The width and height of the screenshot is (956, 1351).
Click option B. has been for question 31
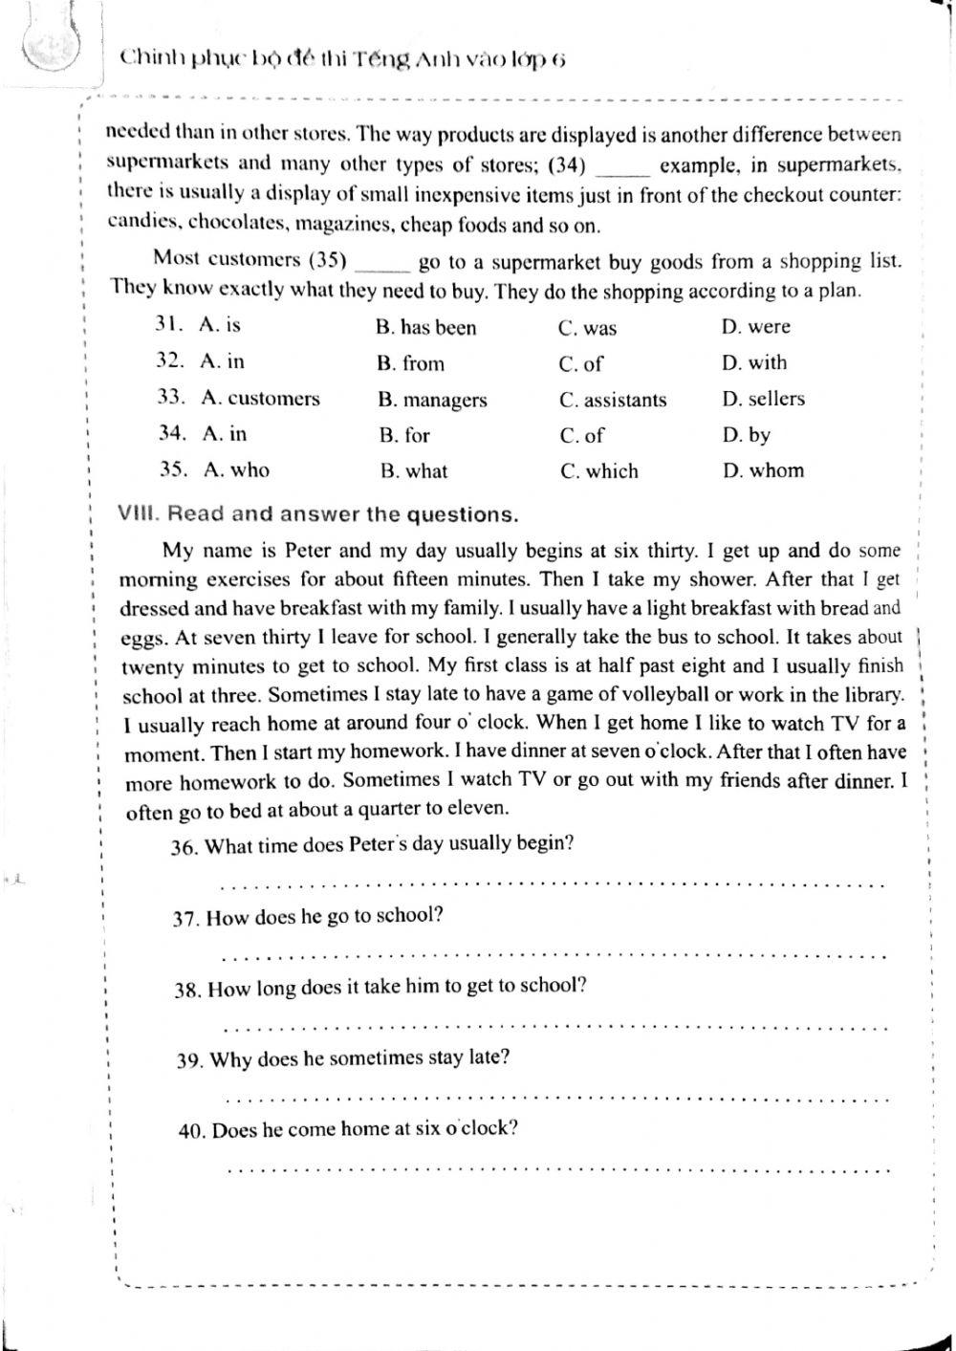pos(425,328)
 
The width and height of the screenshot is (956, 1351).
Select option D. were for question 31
pos(755,327)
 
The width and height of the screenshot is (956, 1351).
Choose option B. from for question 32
pos(410,364)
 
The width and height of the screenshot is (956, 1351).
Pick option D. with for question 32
pos(754,363)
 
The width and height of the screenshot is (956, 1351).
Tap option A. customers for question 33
pos(260,399)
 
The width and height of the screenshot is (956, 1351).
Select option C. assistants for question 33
pos(613,401)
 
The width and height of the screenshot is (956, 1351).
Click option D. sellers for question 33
pos(763,399)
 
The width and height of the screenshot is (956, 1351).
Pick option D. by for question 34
pos(746,436)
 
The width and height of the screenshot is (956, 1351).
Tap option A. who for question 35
pos(236,470)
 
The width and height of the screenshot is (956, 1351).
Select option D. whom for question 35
pos(762,470)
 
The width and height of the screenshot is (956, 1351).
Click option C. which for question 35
pos(599,471)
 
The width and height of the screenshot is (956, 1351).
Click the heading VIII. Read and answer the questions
pos(317,514)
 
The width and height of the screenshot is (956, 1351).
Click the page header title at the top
pos(343,59)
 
